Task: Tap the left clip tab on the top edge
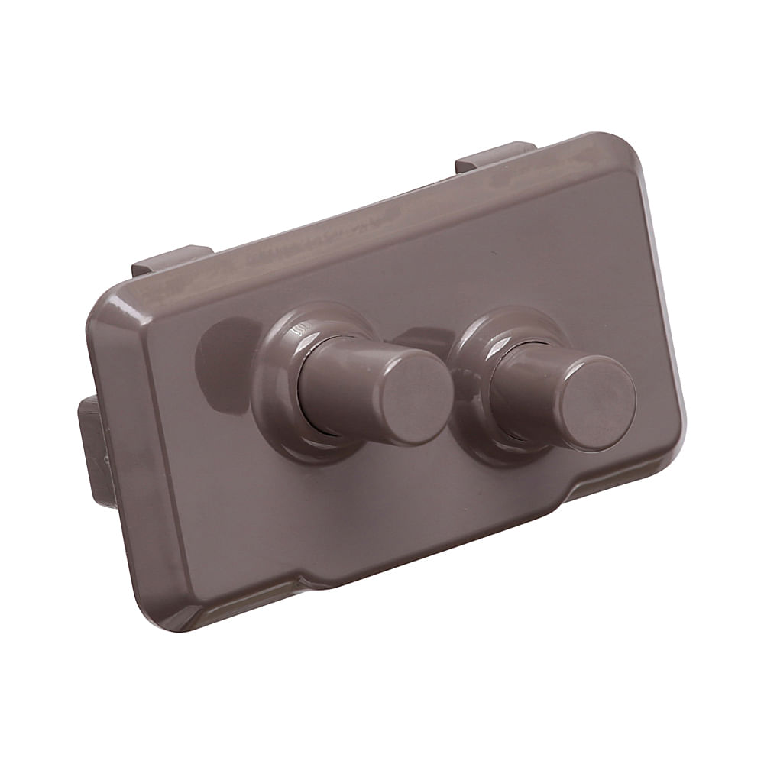point(172,258)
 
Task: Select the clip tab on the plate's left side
point(95,451)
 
